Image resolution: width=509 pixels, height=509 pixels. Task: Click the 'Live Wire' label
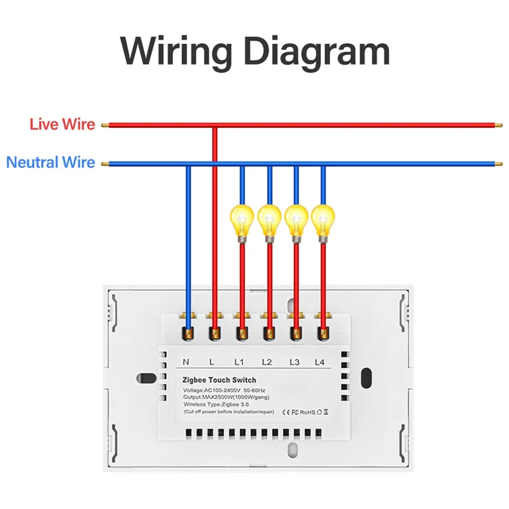click(62, 124)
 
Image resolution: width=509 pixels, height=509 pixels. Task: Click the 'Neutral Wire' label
click(50, 162)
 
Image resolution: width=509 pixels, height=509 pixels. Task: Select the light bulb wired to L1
click(242, 220)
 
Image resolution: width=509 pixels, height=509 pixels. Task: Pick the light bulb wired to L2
click(269, 220)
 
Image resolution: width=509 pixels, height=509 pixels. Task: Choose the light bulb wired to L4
click(323, 220)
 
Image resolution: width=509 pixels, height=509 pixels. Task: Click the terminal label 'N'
click(186, 362)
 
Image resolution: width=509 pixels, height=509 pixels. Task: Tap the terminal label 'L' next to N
click(212, 362)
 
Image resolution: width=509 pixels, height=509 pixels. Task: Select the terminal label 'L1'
click(239, 362)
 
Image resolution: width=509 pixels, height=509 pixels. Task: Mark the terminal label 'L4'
click(319, 362)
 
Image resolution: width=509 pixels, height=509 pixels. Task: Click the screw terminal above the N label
click(188, 331)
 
